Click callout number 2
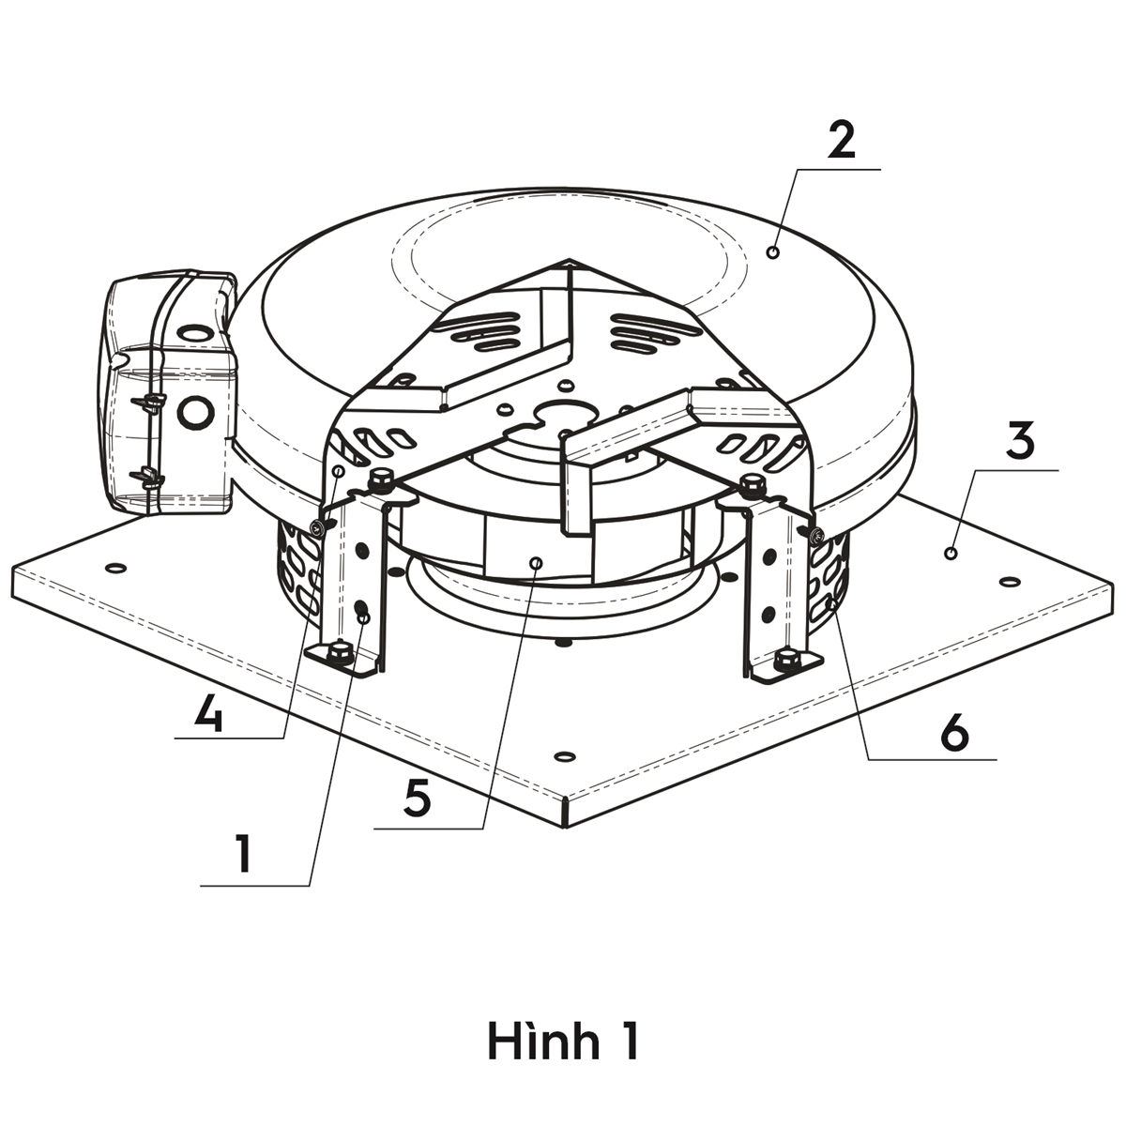click(x=842, y=141)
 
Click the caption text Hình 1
click(x=563, y=1042)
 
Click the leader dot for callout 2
click(x=773, y=252)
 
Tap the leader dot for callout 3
click(x=951, y=553)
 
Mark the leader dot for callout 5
click(x=536, y=563)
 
